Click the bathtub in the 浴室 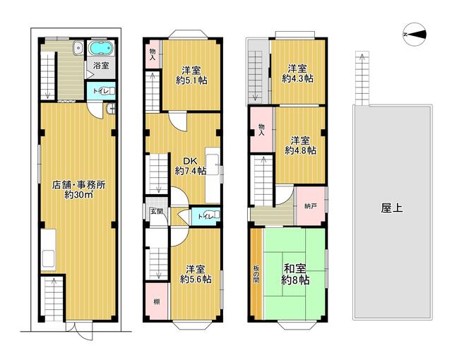coord(100,48)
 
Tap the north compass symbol coord(415,35)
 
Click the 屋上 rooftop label coord(391,208)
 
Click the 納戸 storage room coord(310,206)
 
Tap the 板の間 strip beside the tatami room coord(256,274)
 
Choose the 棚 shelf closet coord(157,301)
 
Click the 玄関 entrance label coord(156,211)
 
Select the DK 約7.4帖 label coord(190,166)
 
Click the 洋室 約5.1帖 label coord(191,75)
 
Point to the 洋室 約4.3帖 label coord(297,73)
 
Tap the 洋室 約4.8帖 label coord(300,145)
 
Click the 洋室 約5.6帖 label coord(196,274)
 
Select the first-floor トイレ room coord(101,91)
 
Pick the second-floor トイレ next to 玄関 coord(206,215)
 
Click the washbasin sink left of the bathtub coord(78,48)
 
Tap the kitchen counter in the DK coord(213,175)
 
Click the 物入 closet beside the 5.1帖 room coord(153,54)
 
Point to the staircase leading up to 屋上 coord(362,78)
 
